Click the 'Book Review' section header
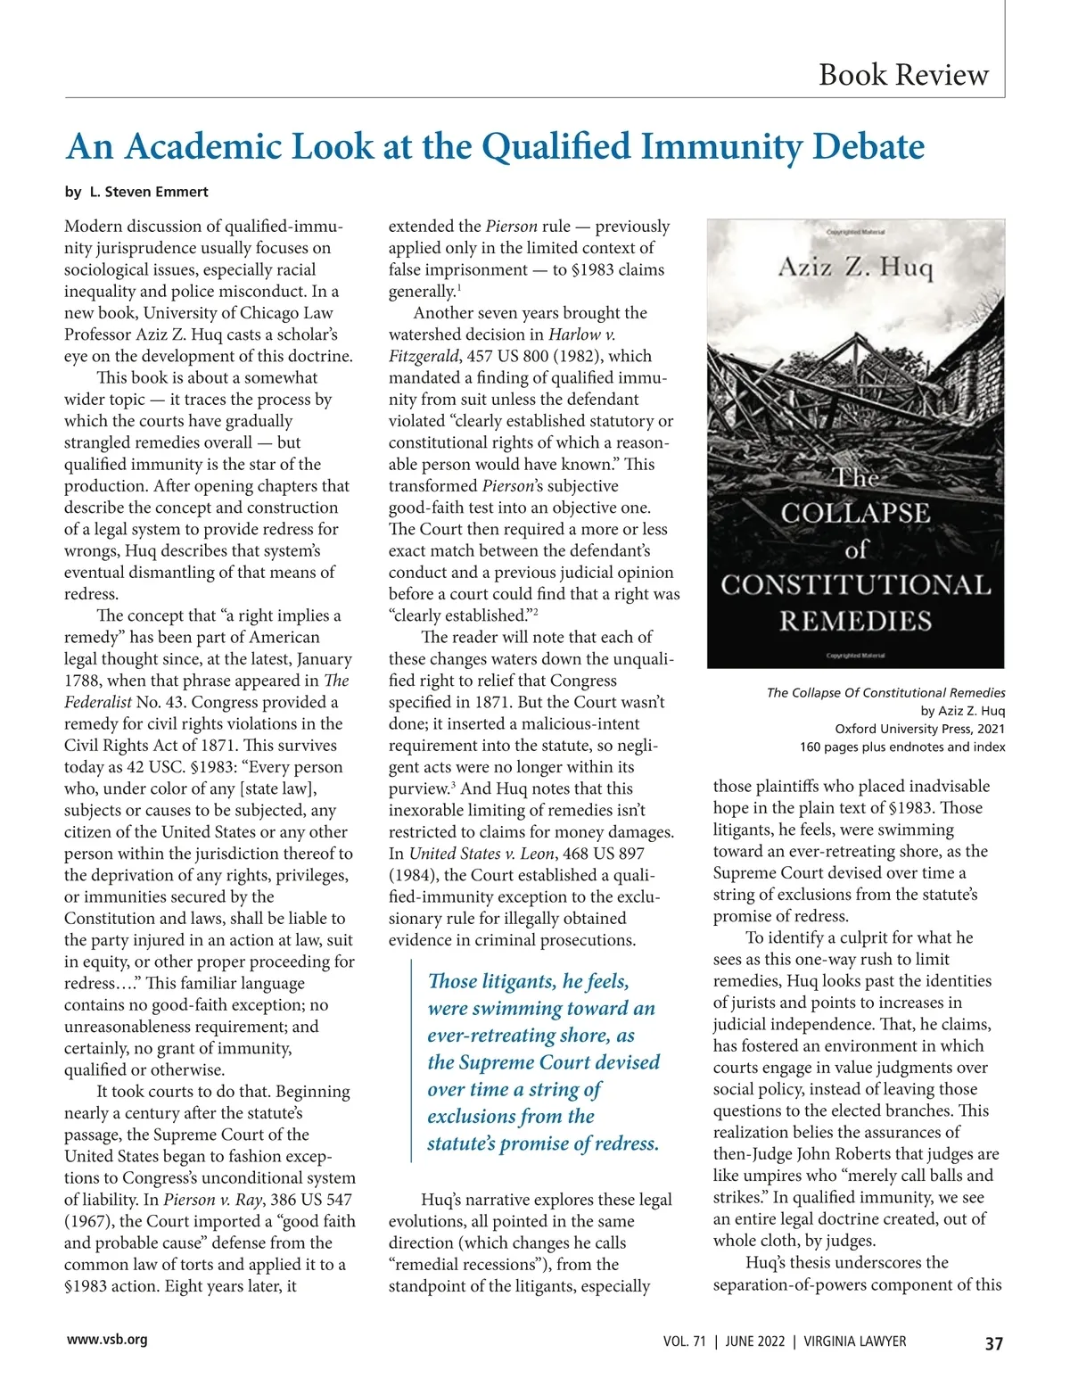(903, 74)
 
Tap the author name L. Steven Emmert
(149, 192)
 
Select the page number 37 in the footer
(993, 1343)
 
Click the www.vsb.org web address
(107, 1339)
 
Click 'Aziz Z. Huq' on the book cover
(855, 267)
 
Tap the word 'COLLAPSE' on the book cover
(855, 514)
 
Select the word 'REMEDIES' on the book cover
(855, 621)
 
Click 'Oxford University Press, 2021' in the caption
(919, 729)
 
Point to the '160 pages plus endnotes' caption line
(902, 747)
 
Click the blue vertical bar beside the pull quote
(411, 1061)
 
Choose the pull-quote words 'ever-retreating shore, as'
(531, 1036)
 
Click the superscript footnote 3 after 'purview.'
(453, 785)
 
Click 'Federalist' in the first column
(98, 702)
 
